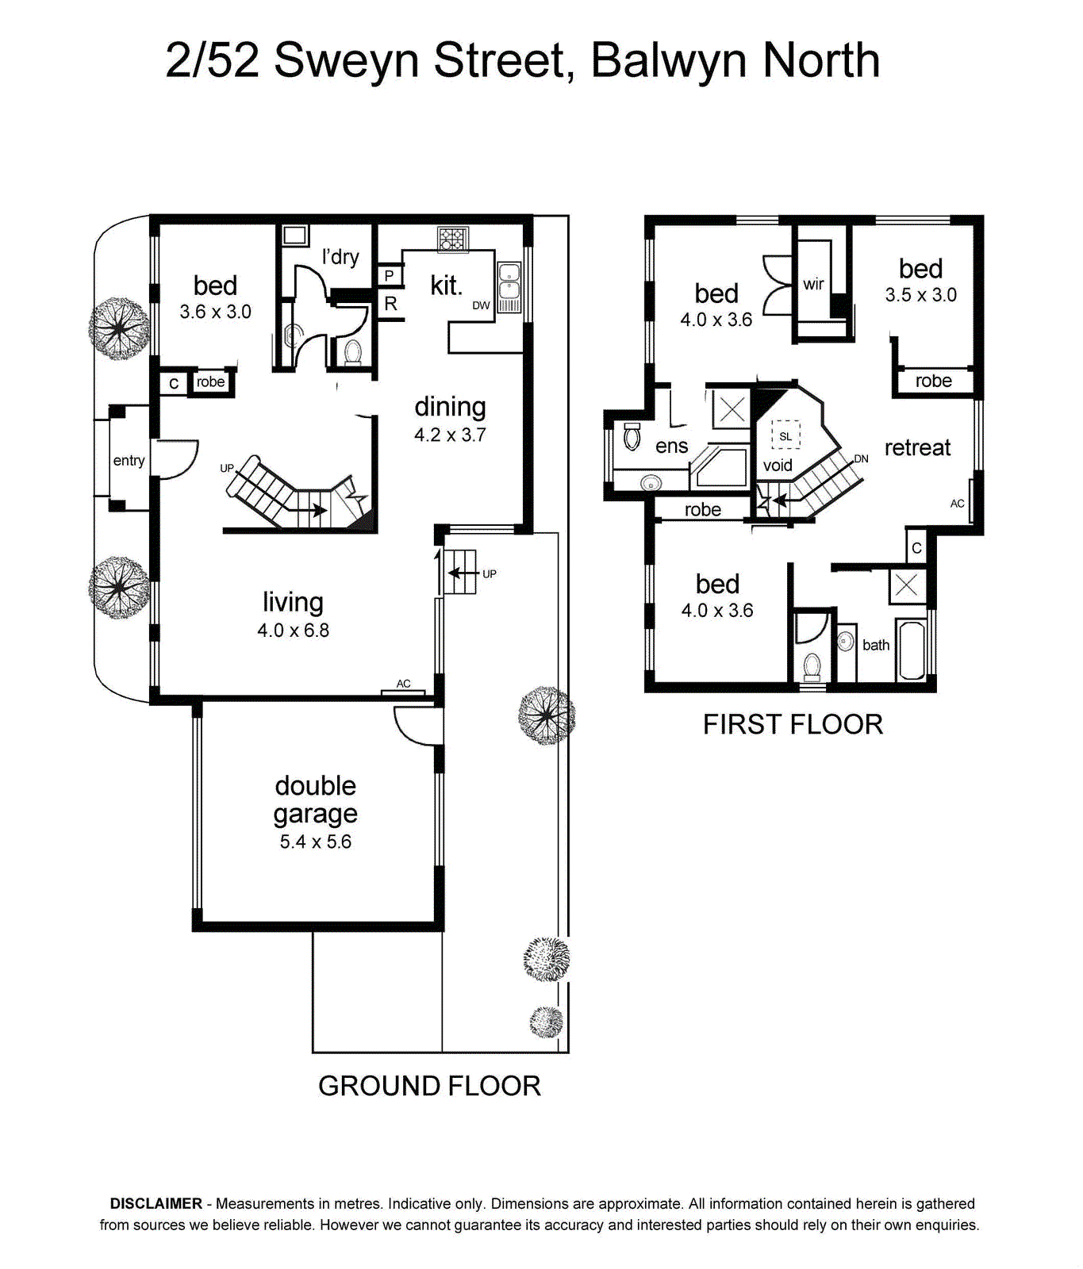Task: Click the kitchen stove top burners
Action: [453, 239]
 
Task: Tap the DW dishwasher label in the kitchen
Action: [482, 305]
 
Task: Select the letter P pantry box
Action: [390, 276]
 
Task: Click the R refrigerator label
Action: [390, 303]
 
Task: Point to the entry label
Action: [129, 461]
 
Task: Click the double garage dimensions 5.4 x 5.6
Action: [316, 842]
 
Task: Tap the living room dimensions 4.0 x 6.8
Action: [293, 631]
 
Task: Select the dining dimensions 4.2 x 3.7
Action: [450, 435]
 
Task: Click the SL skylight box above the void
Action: [785, 435]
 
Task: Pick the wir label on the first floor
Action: [813, 284]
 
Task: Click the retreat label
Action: [917, 447]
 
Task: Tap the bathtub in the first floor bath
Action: [912, 650]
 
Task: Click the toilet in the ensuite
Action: [632, 435]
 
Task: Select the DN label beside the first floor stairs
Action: [862, 458]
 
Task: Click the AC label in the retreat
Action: [958, 504]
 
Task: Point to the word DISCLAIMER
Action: [156, 1204]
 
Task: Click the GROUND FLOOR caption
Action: [429, 1086]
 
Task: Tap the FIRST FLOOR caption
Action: [793, 724]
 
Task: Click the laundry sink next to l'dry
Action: [295, 235]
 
